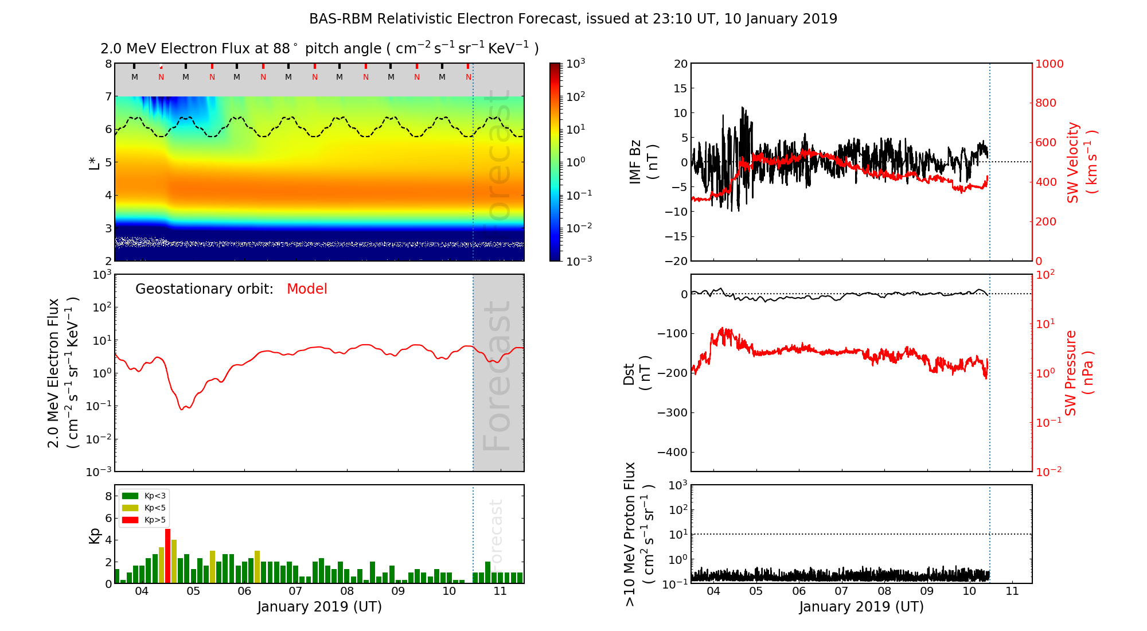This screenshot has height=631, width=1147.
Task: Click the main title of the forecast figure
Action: [x=573, y=19]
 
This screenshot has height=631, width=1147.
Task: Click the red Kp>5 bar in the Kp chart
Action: [x=167, y=555]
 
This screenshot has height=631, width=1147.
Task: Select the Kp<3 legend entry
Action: [x=143, y=496]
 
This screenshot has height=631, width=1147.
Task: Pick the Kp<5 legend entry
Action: [x=143, y=508]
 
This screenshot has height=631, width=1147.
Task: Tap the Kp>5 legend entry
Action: [x=143, y=520]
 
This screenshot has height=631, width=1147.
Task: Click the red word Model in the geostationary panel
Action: [x=307, y=289]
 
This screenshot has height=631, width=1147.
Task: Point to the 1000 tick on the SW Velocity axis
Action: [x=1049, y=64]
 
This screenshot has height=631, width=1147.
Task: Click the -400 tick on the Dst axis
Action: [x=672, y=452]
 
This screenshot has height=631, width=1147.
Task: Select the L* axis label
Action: [x=94, y=162]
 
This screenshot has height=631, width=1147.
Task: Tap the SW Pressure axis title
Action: [x=1079, y=373]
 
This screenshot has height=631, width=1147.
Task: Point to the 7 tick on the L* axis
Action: [x=108, y=96]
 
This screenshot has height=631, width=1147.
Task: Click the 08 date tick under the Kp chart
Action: [x=346, y=591]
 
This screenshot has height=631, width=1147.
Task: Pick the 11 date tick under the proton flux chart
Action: [x=1012, y=591]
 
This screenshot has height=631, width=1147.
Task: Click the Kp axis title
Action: [x=94, y=535]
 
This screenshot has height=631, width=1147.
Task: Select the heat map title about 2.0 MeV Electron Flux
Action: [x=319, y=49]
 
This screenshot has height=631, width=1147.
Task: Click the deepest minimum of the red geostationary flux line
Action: [x=182, y=409]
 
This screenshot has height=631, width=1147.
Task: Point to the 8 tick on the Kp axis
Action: [x=108, y=496]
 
